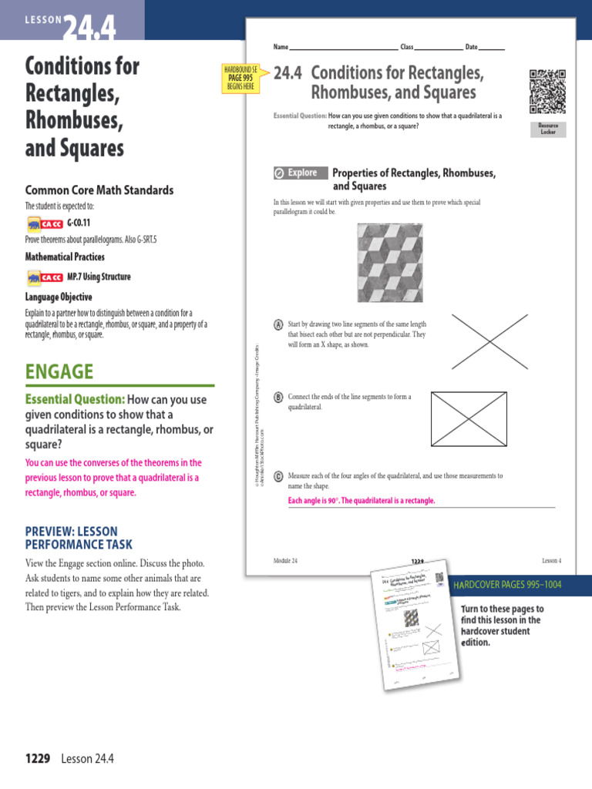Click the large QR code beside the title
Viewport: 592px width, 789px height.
[x=547, y=91]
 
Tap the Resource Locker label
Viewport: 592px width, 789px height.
[x=548, y=129]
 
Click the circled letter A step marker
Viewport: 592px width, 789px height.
[x=277, y=324]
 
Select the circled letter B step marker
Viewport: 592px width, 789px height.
[x=277, y=397]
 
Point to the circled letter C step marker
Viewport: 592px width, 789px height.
[x=277, y=476]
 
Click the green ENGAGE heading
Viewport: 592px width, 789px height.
[x=59, y=372]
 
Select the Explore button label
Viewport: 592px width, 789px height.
[x=298, y=173]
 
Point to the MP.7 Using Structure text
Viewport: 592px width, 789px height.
[x=99, y=277]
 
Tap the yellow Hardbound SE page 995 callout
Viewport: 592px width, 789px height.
[x=238, y=78]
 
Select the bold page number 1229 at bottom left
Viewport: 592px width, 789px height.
[x=37, y=758]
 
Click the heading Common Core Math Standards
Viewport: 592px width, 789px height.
[x=99, y=190]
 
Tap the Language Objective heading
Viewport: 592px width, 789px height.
[x=59, y=297]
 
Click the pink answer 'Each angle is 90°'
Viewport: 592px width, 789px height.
[x=362, y=501]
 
